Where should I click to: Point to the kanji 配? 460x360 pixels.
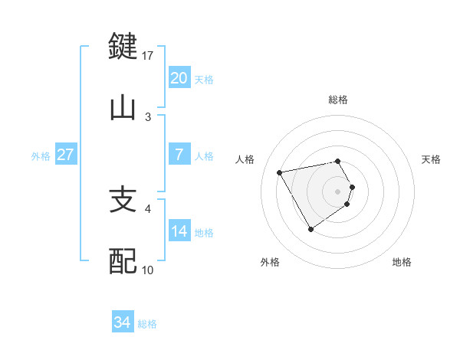click(123, 261)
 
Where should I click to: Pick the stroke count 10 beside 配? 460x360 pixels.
click(148, 270)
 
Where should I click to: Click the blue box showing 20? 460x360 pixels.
click(179, 78)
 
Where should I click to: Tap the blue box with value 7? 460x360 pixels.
click(179, 155)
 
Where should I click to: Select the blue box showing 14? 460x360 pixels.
click(179, 231)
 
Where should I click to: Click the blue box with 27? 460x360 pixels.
click(65, 155)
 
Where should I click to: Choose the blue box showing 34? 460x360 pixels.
click(123, 323)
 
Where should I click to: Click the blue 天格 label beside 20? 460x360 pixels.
click(204, 79)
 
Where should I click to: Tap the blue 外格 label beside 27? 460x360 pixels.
click(41, 155)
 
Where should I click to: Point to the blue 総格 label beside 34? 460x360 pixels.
click(147, 324)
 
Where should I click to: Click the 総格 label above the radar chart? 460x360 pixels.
click(338, 100)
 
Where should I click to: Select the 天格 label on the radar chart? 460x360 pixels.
click(431, 159)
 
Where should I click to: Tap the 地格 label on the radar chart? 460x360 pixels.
click(402, 262)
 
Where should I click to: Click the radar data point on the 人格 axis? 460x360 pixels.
click(280, 172)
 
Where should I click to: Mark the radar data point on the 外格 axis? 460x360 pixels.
click(310, 228)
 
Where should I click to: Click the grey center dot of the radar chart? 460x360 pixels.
click(338, 191)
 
